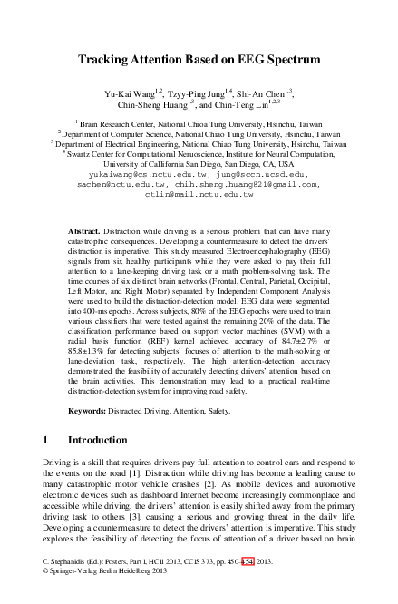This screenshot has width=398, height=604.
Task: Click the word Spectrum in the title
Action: [289, 60]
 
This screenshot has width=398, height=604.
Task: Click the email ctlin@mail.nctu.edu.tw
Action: [199, 193]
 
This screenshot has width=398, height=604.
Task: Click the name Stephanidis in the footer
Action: [74, 587]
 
